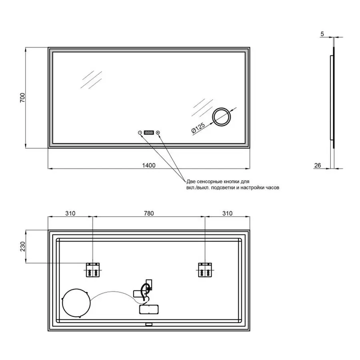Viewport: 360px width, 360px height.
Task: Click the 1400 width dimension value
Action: click(x=148, y=165)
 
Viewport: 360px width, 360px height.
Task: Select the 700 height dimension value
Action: click(x=22, y=98)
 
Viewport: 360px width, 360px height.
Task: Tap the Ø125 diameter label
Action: click(x=198, y=128)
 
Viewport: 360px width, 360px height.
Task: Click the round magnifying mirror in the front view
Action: click(x=221, y=117)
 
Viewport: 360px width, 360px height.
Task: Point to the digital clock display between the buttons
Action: click(x=149, y=132)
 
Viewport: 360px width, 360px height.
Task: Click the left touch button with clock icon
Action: click(x=140, y=132)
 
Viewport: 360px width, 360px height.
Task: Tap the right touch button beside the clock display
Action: click(x=158, y=132)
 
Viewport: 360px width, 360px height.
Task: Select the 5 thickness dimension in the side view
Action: click(x=322, y=34)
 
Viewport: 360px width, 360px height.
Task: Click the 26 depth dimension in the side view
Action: click(x=318, y=165)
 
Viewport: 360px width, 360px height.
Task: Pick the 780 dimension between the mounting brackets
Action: click(x=149, y=213)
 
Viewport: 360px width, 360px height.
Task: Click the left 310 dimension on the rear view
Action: click(x=70, y=213)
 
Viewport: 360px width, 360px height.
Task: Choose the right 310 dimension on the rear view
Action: click(x=227, y=213)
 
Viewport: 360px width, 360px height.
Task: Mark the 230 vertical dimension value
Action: click(x=22, y=246)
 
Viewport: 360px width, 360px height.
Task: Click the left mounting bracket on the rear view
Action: click(x=93, y=270)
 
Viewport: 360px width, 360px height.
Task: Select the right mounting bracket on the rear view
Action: click(x=205, y=270)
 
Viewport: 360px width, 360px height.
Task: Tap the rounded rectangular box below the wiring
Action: click(x=149, y=309)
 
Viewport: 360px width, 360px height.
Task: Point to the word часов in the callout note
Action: click(x=272, y=188)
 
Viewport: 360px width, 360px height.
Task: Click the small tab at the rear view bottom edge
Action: click(x=149, y=324)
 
